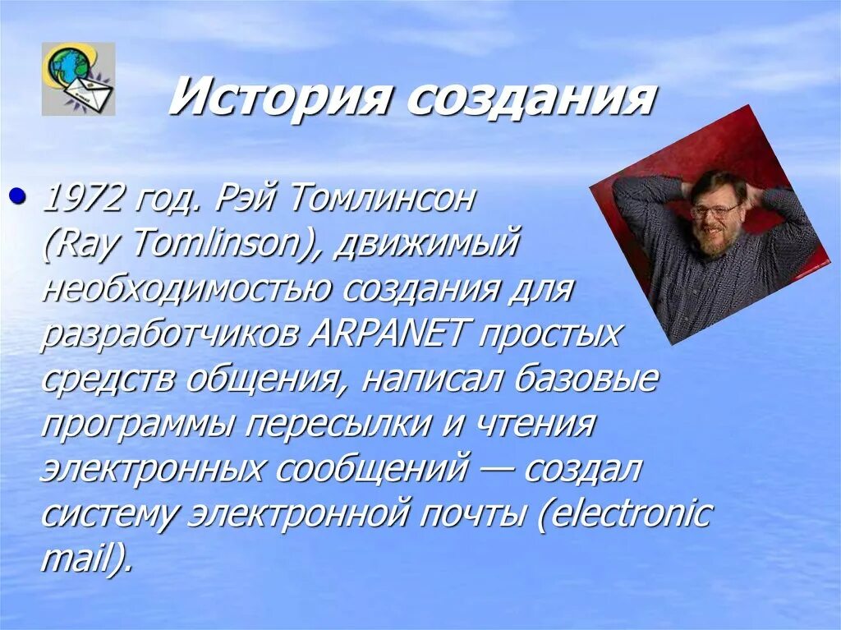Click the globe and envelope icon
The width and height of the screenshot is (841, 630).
78,79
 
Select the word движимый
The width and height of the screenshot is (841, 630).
427,245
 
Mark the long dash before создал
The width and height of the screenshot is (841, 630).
496,471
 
